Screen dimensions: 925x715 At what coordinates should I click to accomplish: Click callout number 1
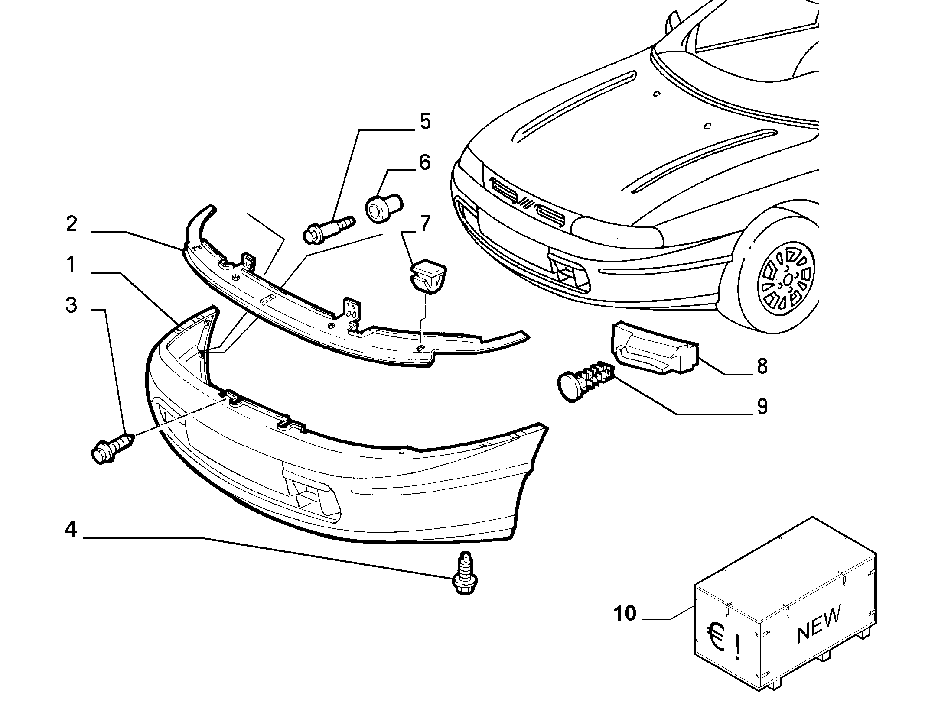(72, 265)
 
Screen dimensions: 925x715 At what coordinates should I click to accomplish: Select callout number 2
(72, 224)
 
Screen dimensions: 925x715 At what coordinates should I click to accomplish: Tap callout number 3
(72, 305)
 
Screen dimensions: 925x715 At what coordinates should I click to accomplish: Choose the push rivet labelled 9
(585, 382)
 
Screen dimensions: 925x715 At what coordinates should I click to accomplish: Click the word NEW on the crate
(819, 622)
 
